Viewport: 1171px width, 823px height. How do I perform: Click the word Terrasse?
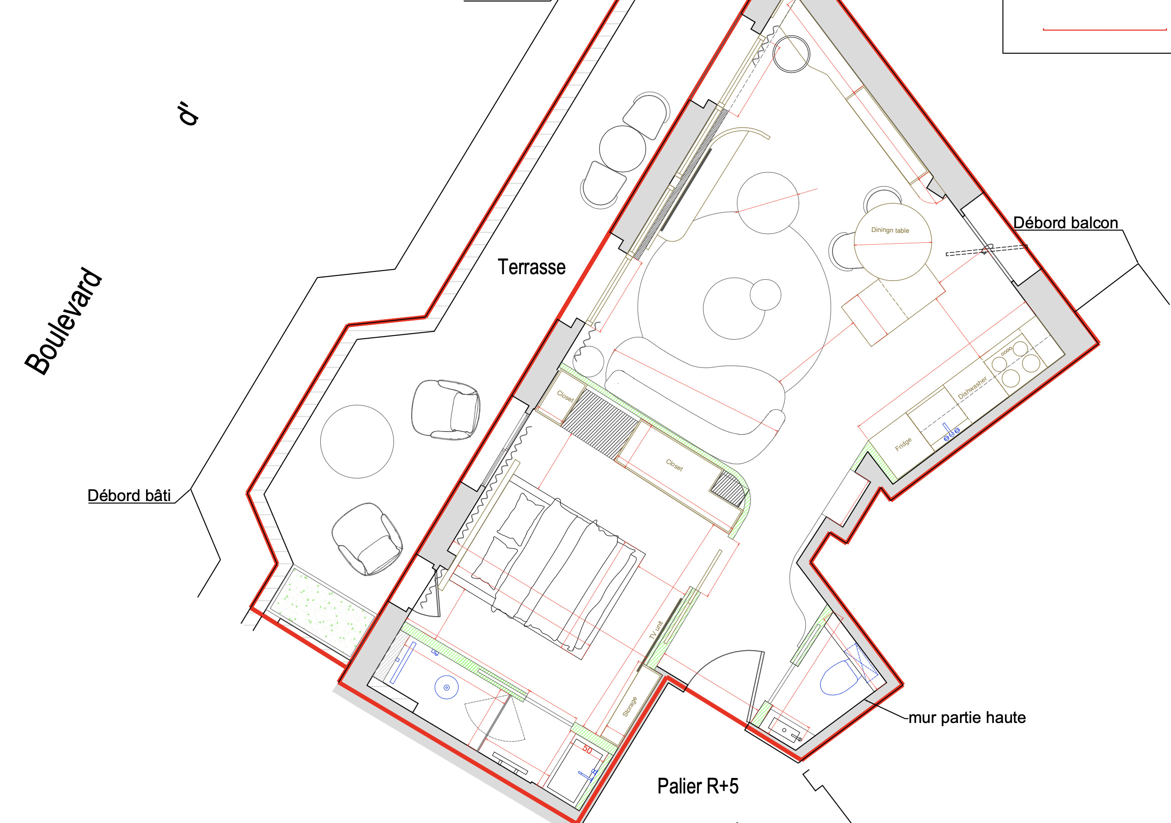click(x=531, y=267)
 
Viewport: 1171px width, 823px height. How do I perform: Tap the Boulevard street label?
click(x=64, y=321)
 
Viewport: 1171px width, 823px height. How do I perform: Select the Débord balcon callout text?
click(x=1065, y=223)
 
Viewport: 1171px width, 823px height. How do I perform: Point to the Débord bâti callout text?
click(x=129, y=495)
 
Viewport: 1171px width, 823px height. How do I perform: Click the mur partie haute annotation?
click(x=967, y=718)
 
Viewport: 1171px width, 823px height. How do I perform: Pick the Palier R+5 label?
click(x=698, y=786)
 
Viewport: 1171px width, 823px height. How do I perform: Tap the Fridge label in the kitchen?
click(x=903, y=444)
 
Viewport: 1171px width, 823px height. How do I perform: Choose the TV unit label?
click(x=656, y=630)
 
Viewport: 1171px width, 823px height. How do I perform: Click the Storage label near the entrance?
click(x=630, y=707)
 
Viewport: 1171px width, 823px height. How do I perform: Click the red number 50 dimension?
click(x=587, y=750)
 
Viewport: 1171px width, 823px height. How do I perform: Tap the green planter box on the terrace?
click(x=323, y=611)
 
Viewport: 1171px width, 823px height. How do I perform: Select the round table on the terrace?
click(x=357, y=442)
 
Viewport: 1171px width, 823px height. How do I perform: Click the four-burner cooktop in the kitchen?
click(x=1015, y=361)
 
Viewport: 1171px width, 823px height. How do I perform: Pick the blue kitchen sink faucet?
click(x=949, y=432)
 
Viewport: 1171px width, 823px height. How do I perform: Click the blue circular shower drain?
click(x=446, y=688)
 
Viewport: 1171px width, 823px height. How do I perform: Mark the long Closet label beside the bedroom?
click(x=674, y=465)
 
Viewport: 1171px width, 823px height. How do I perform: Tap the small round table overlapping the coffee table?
click(x=765, y=295)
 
